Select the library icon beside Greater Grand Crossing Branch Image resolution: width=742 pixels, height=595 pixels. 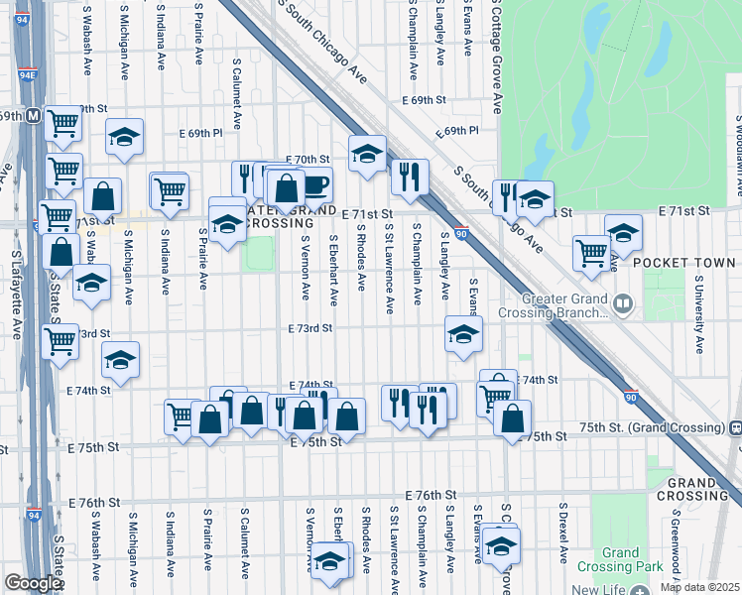623,302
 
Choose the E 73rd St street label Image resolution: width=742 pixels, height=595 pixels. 309,328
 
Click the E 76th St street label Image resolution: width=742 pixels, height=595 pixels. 430,494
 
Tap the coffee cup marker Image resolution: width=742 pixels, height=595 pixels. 314,184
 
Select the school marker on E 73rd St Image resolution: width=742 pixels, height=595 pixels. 462,335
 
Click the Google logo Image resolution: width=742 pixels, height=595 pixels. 32,583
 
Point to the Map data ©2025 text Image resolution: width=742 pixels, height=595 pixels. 698,587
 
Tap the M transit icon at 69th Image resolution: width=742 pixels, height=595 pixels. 33,115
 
